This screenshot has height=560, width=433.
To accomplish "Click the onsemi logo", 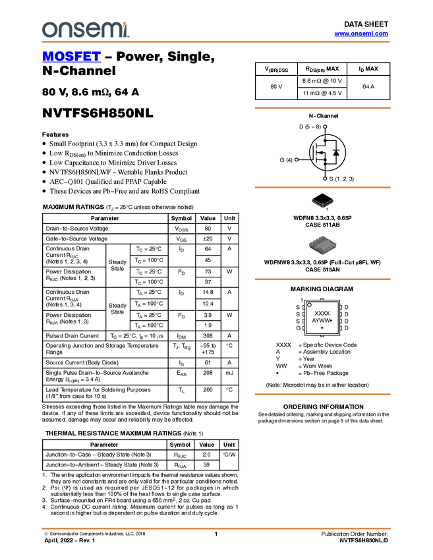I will tap(85, 30).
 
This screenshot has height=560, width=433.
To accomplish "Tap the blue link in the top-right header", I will tap(361, 34).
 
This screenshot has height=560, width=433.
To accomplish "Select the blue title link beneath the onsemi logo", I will tap(71, 57).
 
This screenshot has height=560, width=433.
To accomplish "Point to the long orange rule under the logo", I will tap(216, 42).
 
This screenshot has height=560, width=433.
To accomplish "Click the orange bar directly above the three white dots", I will tap(322, 108).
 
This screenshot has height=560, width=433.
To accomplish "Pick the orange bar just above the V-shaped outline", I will tap(322, 188).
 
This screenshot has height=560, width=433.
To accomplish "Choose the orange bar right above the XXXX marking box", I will tap(322, 279).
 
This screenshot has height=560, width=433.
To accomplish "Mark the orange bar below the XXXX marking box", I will tap(322, 394).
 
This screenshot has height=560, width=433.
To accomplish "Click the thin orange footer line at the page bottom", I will tap(216, 528).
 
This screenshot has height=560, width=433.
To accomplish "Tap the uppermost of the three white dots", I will tap(325, 126).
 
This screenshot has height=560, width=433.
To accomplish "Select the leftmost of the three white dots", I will tap(297, 159).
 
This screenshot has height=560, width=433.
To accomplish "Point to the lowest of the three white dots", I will tap(325, 179).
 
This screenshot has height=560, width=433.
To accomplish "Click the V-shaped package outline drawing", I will tap(322, 203).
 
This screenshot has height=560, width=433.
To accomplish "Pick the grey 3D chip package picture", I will tap(322, 244).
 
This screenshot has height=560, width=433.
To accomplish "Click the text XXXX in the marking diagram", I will tap(322, 314).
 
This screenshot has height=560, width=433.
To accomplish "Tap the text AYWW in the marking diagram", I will tap(320, 320).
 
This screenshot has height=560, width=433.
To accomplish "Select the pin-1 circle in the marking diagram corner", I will tap(309, 305).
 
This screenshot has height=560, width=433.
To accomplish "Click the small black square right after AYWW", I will tap(331, 320).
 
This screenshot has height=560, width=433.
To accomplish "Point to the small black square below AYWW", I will tap(322, 327).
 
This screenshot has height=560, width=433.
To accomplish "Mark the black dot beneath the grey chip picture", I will tap(322, 256).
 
